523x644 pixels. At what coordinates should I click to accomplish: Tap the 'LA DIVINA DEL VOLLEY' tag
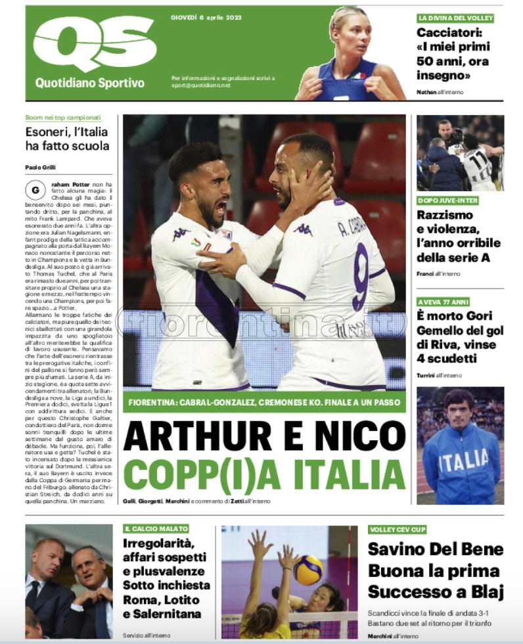coord(455,18)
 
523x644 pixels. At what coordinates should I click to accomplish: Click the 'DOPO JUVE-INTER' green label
coord(448,200)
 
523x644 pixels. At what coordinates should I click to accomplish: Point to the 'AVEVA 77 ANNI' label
coord(443,302)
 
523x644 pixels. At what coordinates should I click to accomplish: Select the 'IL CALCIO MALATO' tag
coord(156,528)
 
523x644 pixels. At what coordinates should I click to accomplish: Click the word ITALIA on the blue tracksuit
coord(463,461)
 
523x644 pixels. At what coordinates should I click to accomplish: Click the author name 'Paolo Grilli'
coord(40,168)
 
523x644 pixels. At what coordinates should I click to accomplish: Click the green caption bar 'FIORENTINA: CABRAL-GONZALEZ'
coord(264,402)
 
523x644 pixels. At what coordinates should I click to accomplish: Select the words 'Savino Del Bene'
coord(435,549)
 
